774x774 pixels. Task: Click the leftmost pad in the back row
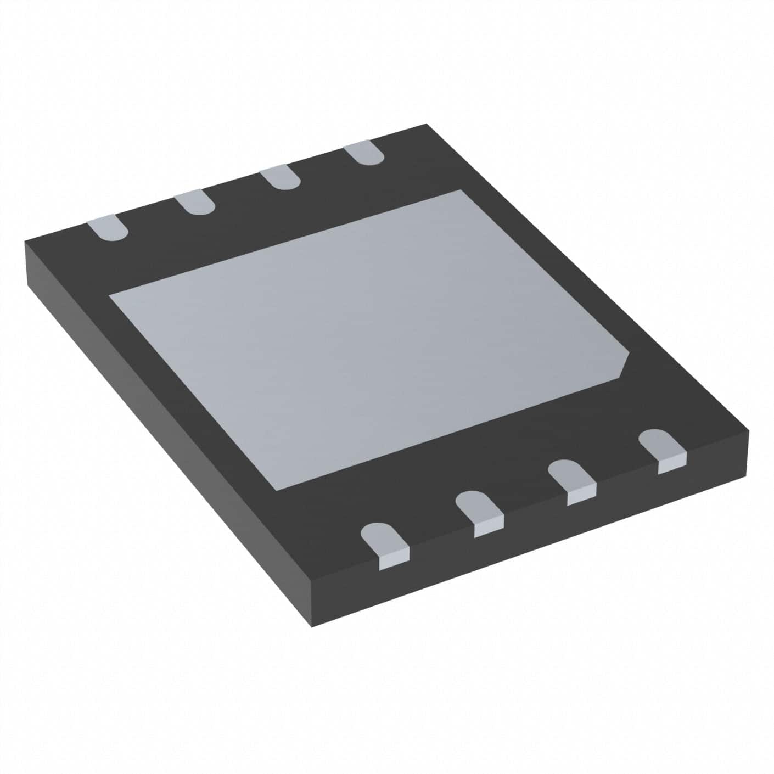click(x=108, y=228)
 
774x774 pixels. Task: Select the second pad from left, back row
click(x=195, y=203)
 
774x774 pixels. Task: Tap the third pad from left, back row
click(x=280, y=178)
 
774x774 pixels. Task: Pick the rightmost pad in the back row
click(x=363, y=152)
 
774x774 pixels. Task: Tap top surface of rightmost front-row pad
click(x=662, y=442)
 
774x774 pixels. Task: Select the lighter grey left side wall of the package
click(x=165, y=439)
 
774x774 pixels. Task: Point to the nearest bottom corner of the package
click(x=312, y=626)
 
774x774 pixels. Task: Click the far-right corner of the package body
click(x=748, y=431)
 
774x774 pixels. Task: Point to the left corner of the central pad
click(x=109, y=295)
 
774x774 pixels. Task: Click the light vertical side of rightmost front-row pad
click(x=672, y=464)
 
